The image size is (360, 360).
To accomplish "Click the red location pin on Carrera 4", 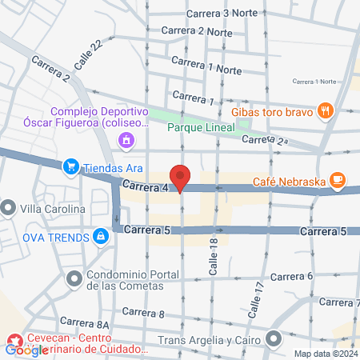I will click(x=181, y=178).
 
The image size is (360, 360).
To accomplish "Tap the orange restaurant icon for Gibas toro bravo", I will click(x=325, y=111).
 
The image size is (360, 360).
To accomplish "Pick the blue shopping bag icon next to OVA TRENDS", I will click(x=101, y=236).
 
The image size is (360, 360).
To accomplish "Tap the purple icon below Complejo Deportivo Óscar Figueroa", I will click(x=126, y=142).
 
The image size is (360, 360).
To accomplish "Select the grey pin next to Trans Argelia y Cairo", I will click(x=274, y=341).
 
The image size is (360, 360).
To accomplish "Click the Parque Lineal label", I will click(x=200, y=126).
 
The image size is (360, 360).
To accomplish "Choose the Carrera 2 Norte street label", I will click(x=196, y=31).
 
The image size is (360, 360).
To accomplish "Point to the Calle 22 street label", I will click(x=88, y=54).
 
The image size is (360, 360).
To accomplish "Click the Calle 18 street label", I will click(x=214, y=258).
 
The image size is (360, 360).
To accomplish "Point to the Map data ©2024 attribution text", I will click(x=325, y=354).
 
